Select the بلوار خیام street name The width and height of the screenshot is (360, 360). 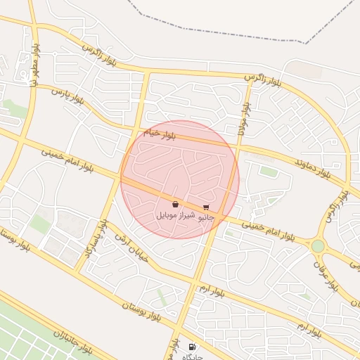tap(161, 132)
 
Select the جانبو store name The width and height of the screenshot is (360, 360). tap(205, 217)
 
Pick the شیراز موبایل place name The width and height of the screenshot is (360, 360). tap(174, 214)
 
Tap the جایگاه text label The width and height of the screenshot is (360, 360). tap(193, 357)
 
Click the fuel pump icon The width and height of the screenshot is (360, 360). tap(193, 347)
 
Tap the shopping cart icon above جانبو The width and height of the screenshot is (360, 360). tap(205, 207)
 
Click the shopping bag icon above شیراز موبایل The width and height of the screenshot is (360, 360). tap(174, 205)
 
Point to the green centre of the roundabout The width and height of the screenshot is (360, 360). tap(319, 246)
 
